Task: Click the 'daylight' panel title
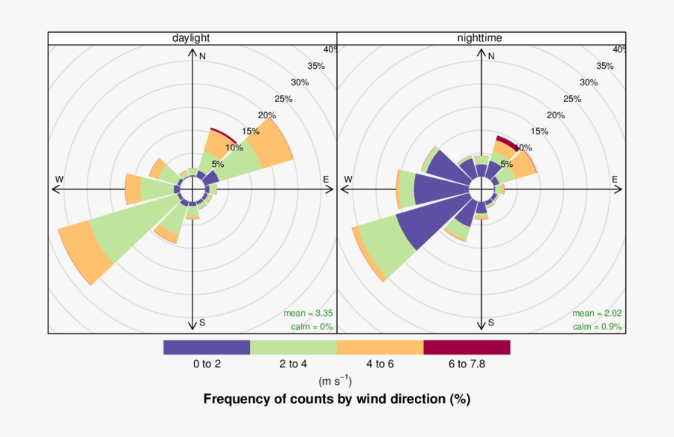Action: pos(190,38)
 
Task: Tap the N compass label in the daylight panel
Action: pos(202,56)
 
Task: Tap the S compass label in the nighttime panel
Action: pos(491,323)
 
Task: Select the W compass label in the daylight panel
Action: pos(59,180)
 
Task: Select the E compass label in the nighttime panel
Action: pos(615,180)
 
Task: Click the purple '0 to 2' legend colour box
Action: pos(207,347)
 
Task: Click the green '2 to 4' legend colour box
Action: pos(293,347)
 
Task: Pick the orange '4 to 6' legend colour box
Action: pos(380,347)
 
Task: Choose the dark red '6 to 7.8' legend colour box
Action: pos(467,347)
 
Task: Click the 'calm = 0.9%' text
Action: pos(598,327)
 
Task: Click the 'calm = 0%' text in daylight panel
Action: pos(311,327)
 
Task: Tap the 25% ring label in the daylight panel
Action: pos(284,99)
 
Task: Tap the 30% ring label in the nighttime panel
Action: pos(589,82)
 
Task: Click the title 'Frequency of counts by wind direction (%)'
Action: pos(336,399)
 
